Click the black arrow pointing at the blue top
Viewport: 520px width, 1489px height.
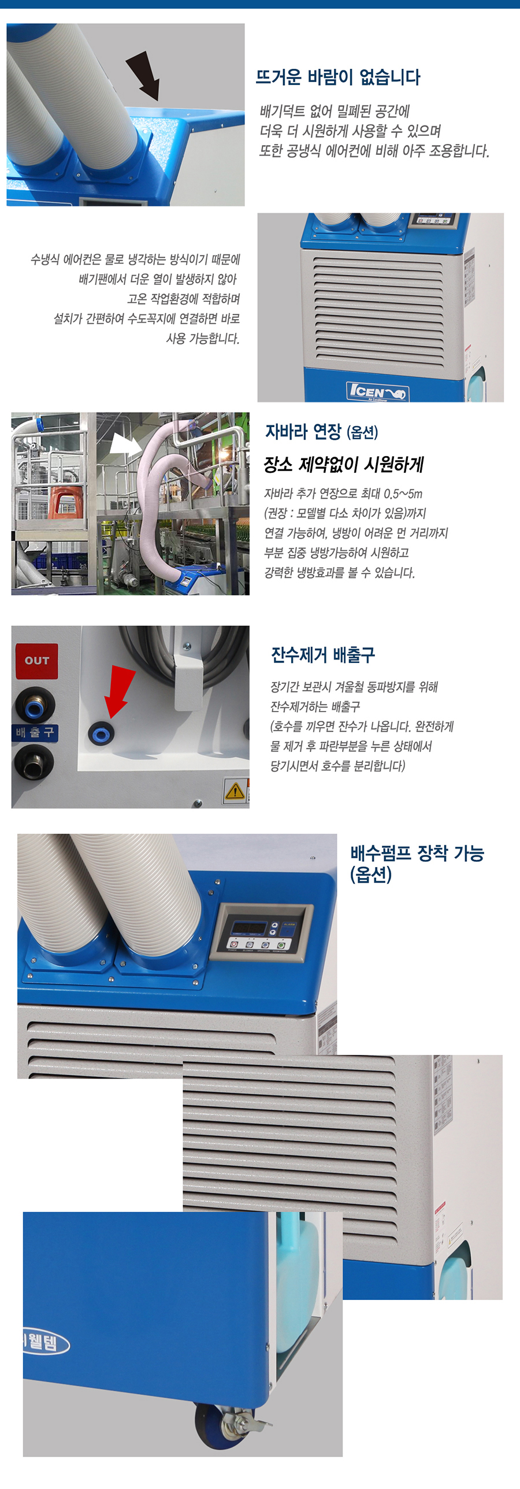pyautogui.click(x=143, y=75)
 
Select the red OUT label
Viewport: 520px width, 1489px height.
pyautogui.click(x=36, y=661)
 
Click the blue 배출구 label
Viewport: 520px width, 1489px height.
pyautogui.click(x=35, y=733)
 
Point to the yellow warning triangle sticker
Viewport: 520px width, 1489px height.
pyautogui.click(x=235, y=790)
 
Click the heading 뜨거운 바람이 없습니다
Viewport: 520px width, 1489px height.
pyautogui.click(x=338, y=77)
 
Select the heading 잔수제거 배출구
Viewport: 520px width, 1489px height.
pyautogui.click(x=323, y=655)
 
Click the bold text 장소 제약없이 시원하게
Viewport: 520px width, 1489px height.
pyautogui.click(x=344, y=464)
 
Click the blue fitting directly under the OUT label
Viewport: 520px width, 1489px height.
pyautogui.click(x=35, y=705)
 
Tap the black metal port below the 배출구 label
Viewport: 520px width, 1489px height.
pyautogui.click(x=34, y=762)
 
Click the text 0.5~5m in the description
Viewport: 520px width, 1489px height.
pyautogui.click(x=403, y=494)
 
